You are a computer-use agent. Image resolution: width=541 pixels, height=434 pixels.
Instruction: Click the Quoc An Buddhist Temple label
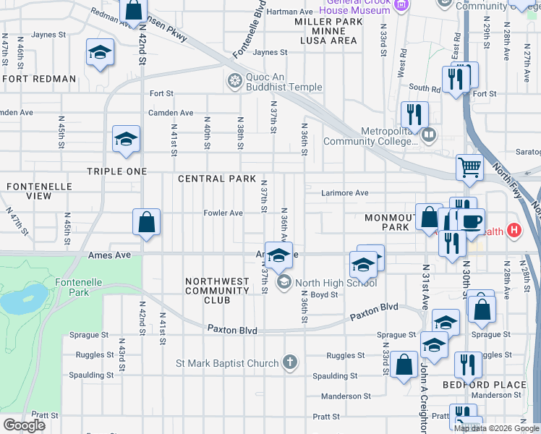click(x=284, y=80)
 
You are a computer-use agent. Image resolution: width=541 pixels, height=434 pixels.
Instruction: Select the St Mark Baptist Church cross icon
click(x=289, y=362)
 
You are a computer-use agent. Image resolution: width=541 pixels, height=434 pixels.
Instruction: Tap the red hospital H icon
click(x=514, y=231)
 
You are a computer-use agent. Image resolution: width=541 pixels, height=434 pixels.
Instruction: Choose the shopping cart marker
click(x=469, y=167)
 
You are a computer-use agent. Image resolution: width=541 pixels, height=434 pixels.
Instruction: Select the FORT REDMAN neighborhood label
click(x=39, y=78)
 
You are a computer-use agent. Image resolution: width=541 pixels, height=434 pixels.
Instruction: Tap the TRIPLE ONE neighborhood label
click(x=116, y=171)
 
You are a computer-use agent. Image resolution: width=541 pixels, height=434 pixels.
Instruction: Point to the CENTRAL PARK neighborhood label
click(x=217, y=178)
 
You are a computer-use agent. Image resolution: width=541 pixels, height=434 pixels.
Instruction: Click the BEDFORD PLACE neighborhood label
click(x=485, y=385)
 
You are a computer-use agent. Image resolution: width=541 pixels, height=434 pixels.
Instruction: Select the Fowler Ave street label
click(x=223, y=213)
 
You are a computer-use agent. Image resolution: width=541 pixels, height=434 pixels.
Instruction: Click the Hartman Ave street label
click(x=289, y=12)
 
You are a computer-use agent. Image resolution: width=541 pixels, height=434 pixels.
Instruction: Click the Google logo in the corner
click(x=24, y=425)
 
